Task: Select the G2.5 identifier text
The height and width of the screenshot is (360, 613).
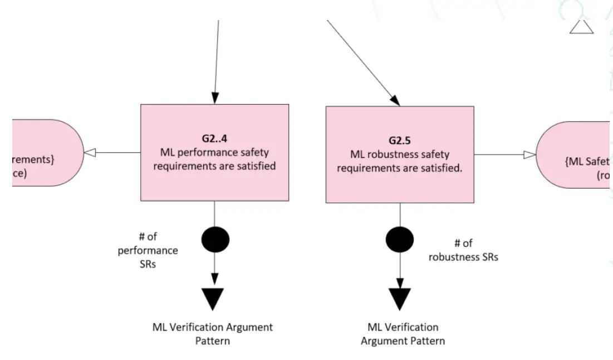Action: tap(399, 141)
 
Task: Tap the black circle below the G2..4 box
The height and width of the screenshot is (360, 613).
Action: tap(214, 239)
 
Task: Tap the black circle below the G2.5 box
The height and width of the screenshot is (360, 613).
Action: tap(400, 239)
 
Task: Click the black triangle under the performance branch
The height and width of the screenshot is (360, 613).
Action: tap(214, 299)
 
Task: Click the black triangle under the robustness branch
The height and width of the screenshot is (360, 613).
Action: tap(400, 299)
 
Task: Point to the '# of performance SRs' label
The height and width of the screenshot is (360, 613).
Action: tap(148, 250)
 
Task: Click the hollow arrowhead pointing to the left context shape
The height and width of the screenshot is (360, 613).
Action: tap(89, 152)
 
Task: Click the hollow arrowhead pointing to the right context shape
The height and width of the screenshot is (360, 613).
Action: tap(529, 155)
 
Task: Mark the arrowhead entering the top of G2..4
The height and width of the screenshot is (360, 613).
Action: tap(214, 98)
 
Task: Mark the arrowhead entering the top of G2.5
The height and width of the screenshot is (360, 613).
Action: tap(394, 100)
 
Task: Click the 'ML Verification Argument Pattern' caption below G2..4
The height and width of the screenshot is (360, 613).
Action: tap(213, 333)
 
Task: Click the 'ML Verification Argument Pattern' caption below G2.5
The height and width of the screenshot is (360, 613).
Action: tap(403, 334)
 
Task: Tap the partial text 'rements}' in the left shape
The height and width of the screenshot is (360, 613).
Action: tap(33, 159)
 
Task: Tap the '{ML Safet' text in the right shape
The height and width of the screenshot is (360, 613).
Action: tap(588, 162)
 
